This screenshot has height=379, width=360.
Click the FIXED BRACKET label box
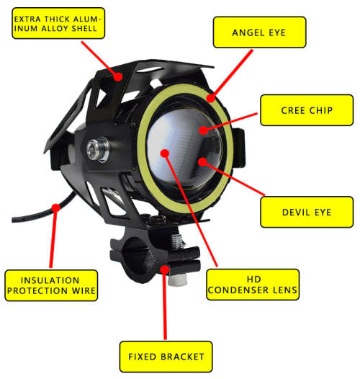pyautogui.click(x=165, y=357)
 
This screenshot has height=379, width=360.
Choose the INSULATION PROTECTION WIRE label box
pyautogui.click(x=50, y=284)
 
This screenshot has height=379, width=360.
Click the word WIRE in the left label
pyautogui.click(x=81, y=291)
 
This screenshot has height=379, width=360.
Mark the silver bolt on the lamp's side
pyautogui.click(x=93, y=150)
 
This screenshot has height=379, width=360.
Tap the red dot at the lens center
pyautogui.click(x=165, y=153)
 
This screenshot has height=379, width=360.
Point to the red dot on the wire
pyautogui.click(x=55, y=208)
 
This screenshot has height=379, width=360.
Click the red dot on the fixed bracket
pyautogui.click(x=165, y=269)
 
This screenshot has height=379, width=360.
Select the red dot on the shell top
pyautogui.click(x=117, y=73)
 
